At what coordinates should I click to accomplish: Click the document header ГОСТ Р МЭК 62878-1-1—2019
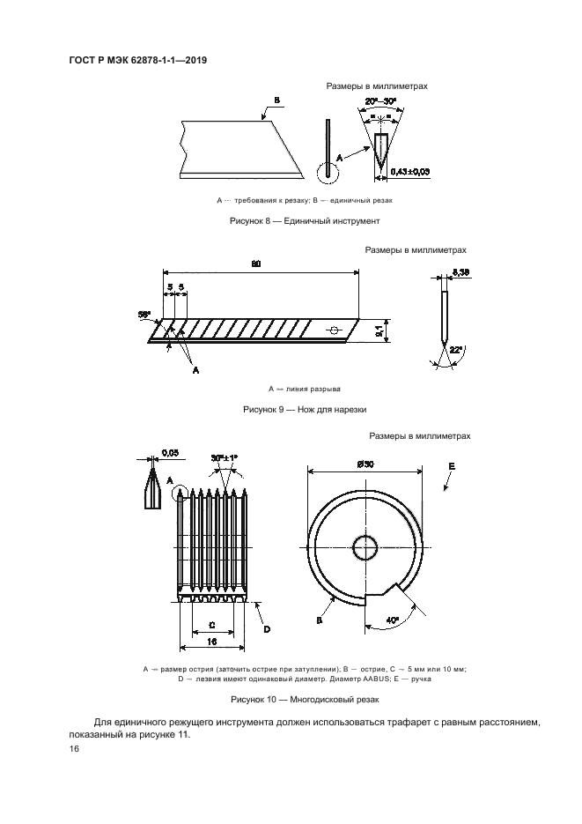pos(138,61)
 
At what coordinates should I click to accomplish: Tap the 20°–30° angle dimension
pos(381,100)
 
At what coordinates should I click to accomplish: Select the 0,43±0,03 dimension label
pos(410,171)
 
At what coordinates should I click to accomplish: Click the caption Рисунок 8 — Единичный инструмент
pos(305,221)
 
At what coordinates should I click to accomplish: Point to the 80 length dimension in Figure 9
pos(255,264)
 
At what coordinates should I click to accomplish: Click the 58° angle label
pos(144,315)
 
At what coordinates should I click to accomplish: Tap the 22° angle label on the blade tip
pos(454,349)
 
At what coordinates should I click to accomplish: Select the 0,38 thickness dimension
pos(460,272)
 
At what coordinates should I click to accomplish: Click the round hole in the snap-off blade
pos(333,330)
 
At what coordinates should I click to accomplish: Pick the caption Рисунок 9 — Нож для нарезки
pos(305,410)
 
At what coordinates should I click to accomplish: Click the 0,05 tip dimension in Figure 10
pos(170,452)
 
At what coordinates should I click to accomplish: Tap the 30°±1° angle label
pos(225,457)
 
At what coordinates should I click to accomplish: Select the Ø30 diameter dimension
pos(365,464)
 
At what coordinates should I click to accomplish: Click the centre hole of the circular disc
pos(365,549)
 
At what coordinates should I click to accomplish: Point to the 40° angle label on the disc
pos(393,620)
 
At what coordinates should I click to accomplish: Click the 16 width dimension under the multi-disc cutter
pos(212,642)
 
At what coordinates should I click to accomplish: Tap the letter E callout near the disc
pos(452,467)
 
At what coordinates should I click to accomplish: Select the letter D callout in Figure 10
pos(267,629)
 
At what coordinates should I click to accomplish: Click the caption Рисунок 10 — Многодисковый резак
pos(305,700)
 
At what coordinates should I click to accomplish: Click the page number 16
pos(74,749)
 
